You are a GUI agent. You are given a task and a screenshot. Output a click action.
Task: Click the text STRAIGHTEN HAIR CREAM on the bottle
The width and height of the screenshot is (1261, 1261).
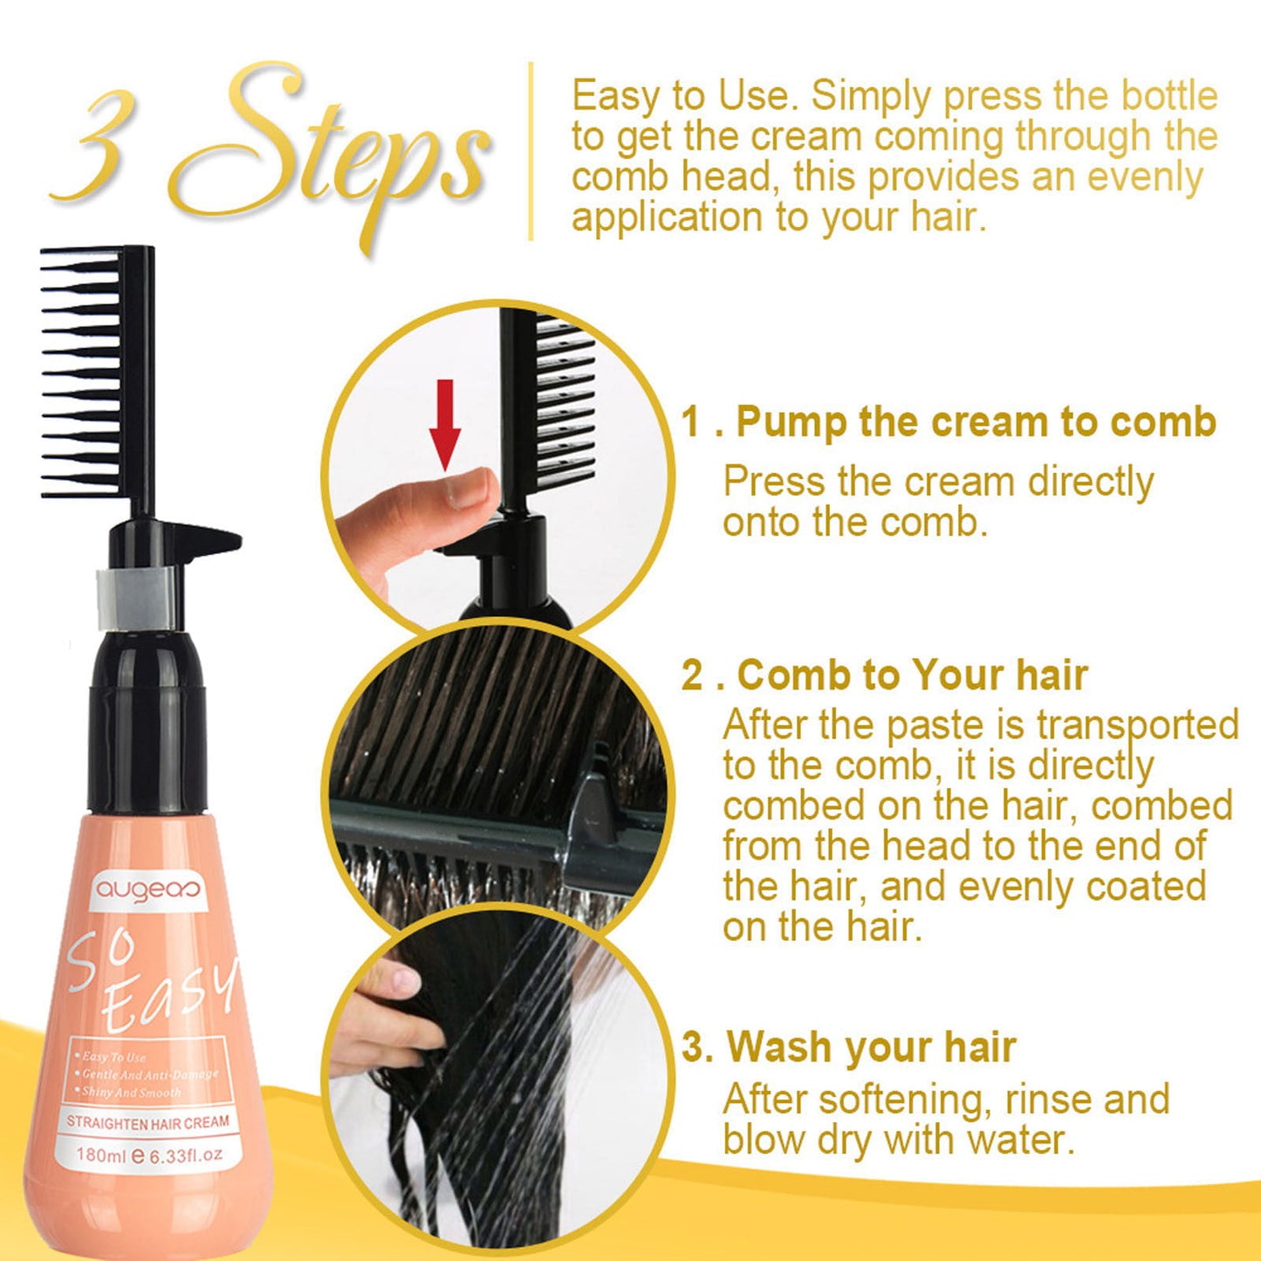[147, 1122]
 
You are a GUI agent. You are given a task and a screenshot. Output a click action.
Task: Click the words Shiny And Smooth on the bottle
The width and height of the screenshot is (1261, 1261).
[132, 1092]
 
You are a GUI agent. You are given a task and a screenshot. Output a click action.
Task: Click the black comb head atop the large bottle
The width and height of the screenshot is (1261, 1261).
[98, 371]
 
